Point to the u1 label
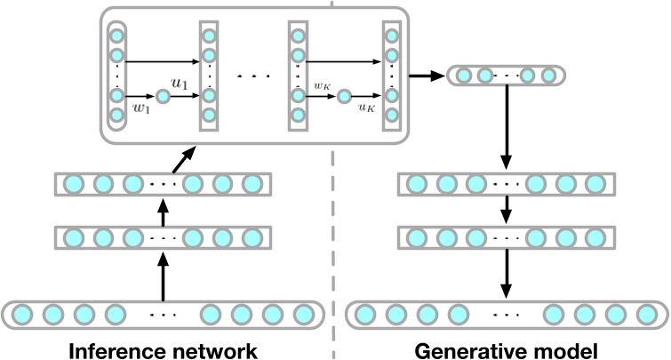tap(180, 84)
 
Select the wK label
tap(322, 86)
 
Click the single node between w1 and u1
tap(163, 96)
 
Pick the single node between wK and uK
tap(343, 96)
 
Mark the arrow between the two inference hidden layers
tap(162, 212)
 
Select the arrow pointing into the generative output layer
tap(506, 276)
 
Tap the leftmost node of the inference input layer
tap(23, 315)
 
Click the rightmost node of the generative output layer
tap(647, 315)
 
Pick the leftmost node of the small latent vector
tap(463, 76)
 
